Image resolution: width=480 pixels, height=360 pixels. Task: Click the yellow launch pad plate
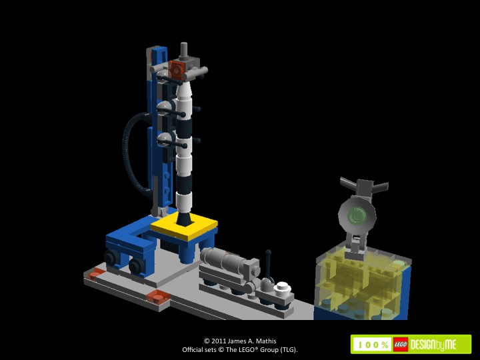click(184, 227)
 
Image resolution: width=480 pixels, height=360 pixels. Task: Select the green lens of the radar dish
click(356, 215)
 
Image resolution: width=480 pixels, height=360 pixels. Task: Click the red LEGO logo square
click(401, 345)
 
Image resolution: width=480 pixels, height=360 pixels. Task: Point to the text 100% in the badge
click(373, 345)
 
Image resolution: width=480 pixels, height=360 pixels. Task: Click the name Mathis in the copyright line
click(266, 341)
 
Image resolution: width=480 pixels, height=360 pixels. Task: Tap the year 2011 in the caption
click(218, 341)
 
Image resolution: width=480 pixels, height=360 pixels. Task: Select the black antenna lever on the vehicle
click(268, 264)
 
